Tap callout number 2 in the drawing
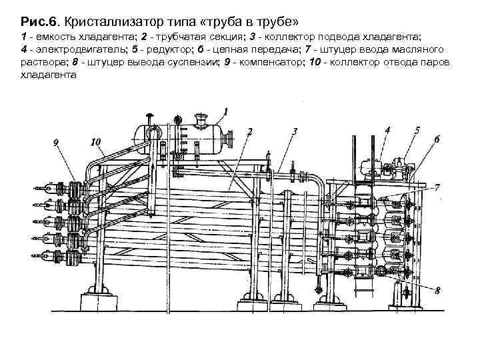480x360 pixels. [x=249, y=132]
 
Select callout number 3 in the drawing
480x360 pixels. [x=294, y=132]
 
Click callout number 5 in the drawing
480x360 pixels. [x=417, y=131]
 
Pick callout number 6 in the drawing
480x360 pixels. [x=437, y=139]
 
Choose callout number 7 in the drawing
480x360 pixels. [x=437, y=188]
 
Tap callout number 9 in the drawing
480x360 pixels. [x=55, y=141]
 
